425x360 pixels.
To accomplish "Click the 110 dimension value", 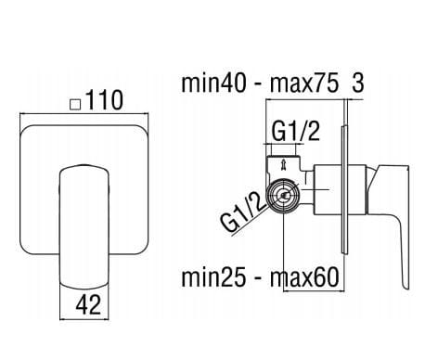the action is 104,100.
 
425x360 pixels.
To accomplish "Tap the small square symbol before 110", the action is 75,104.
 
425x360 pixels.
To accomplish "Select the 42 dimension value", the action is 88,304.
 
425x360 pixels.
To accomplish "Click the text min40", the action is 214,83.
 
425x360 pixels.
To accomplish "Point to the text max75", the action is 304,83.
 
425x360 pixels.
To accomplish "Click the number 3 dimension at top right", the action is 358,83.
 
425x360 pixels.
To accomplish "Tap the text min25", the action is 214,277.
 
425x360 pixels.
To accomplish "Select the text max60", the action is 304,277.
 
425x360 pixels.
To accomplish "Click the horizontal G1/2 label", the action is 295,131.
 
